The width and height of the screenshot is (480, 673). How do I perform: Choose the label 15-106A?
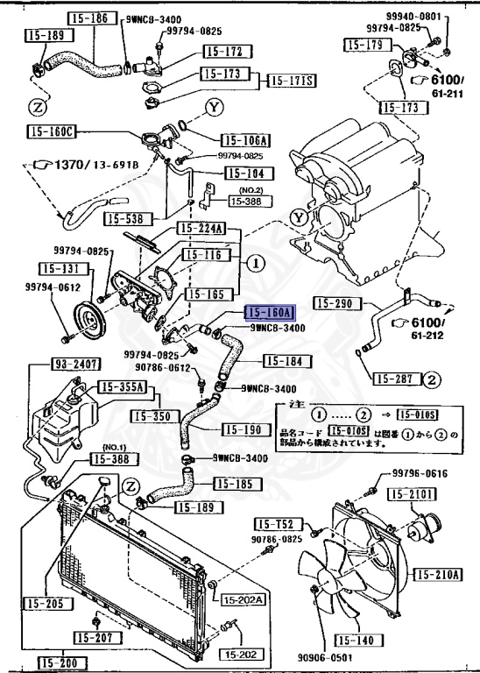coord(245,139)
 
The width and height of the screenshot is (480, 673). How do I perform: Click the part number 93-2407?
coord(52,363)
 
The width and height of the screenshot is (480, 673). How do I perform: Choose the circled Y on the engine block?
coord(300,217)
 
